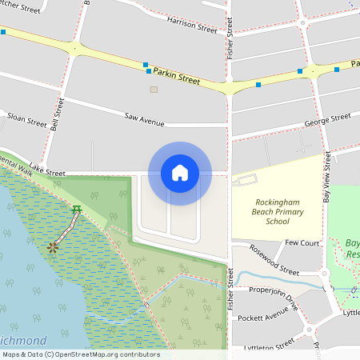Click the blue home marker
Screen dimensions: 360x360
[179, 172]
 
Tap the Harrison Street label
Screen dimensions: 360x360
[192, 25]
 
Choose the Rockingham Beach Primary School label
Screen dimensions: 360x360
[272, 212]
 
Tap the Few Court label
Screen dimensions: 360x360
[302, 242]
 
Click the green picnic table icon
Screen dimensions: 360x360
[76, 210]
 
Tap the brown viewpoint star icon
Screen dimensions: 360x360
[54, 247]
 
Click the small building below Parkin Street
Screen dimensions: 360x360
[154, 89]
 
